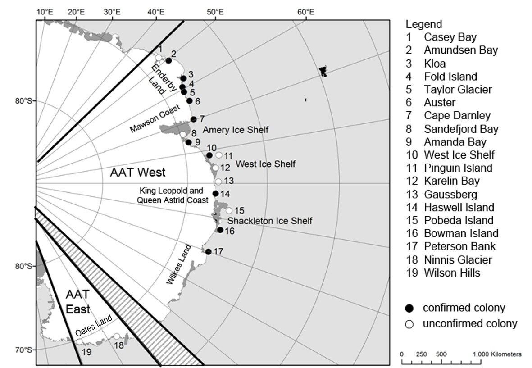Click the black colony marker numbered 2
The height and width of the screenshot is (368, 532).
168,60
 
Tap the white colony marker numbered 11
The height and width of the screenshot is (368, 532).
219,155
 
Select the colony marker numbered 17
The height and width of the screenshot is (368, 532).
208,252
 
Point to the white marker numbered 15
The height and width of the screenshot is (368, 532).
229,211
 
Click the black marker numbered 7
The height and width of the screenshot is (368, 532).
193,119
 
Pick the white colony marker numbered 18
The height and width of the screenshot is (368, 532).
117,336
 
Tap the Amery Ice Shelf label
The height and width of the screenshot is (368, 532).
236,130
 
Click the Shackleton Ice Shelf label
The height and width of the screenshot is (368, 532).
270,221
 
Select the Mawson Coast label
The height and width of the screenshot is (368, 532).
155,118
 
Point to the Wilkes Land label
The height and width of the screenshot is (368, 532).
179,264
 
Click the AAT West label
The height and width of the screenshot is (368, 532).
138,173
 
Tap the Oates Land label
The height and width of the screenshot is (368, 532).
94,326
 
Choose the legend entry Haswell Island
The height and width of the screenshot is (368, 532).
459,207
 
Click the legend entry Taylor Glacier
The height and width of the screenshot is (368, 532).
458,90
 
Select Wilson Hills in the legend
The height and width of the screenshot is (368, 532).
452,273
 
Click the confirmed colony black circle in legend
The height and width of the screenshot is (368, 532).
410,308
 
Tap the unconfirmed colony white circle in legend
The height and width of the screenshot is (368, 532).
410,324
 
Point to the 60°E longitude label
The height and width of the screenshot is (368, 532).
306,12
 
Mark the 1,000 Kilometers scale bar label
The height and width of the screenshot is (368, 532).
497,354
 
